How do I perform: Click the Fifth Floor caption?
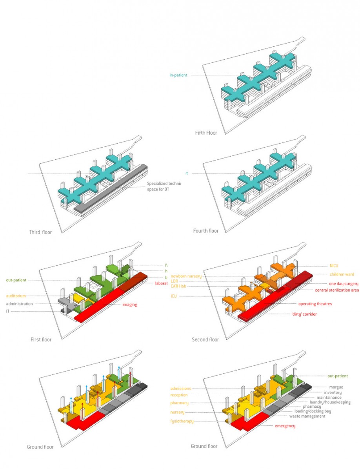pos(206,133)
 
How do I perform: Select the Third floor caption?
pos(40,232)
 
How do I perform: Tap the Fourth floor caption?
pos(206,231)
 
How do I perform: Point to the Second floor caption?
pos(205,340)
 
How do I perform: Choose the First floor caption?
pos(41,340)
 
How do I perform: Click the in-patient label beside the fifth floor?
pos(178,75)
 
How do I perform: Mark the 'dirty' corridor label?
pos(304,314)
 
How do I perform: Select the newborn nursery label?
pos(186,276)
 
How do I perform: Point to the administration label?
pos(19,304)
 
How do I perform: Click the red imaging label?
pos(129,305)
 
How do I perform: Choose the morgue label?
pos(336,387)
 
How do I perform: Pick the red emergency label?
pos(285,426)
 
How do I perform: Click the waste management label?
pos(307,416)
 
